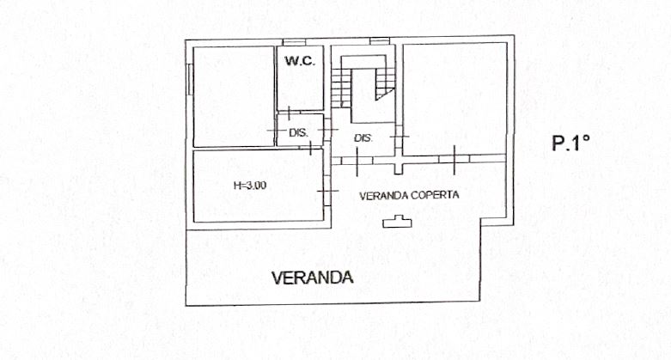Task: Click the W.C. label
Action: coord(301,61)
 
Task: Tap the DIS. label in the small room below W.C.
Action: coord(298,132)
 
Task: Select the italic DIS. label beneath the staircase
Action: coord(363,138)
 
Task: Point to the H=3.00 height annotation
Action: coord(250,186)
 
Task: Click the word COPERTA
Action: coord(435,195)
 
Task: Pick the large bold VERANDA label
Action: coord(313,278)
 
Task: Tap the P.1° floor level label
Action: coord(570,143)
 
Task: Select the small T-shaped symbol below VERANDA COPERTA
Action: coord(397,222)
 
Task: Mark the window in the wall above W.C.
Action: coord(294,42)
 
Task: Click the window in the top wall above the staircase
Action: coord(380,41)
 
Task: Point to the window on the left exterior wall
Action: coord(190,78)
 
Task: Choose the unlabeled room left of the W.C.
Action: coord(234,97)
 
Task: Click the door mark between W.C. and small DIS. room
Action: coord(289,113)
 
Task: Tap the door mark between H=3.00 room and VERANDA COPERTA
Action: coord(327,191)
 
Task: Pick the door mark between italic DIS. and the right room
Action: coord(400,136)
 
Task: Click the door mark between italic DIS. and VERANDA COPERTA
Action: coord(357,161)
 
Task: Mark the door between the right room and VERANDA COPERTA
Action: coord(454,159)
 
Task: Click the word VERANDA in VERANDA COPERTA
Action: coord(382,196)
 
